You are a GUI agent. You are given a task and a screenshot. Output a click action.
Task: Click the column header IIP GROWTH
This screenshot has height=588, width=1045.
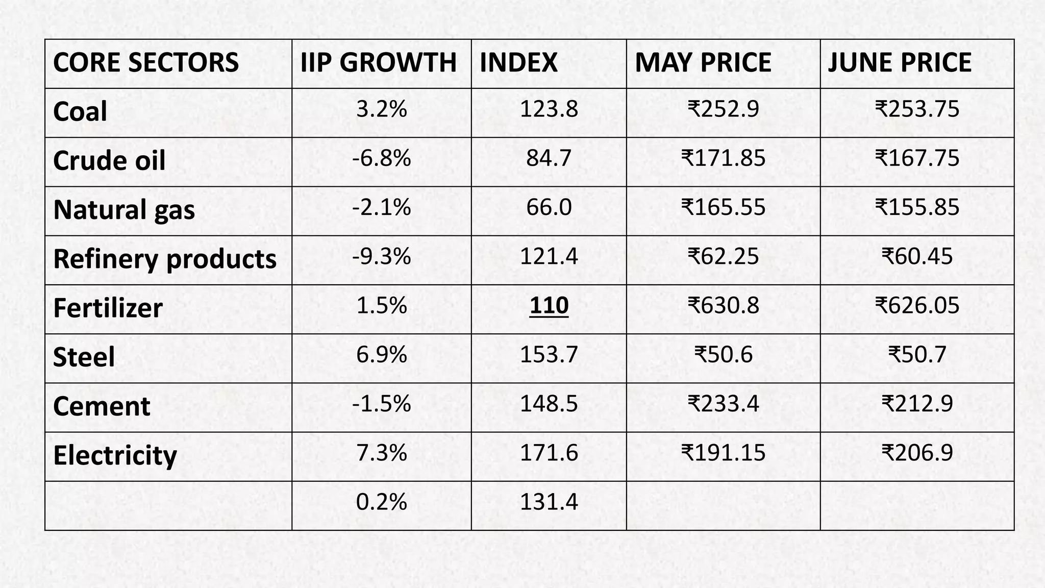[378, 63]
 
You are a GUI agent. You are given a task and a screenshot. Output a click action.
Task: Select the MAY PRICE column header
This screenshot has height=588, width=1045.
[703, 63]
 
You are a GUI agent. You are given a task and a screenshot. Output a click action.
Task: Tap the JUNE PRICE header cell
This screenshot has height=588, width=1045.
[899, 63]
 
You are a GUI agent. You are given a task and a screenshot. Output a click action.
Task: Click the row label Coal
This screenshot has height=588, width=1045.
[80, 112]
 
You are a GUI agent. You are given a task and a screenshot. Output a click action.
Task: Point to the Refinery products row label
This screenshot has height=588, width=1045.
[164, 259]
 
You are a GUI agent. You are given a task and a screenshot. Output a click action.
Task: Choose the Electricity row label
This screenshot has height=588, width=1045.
[115, 455]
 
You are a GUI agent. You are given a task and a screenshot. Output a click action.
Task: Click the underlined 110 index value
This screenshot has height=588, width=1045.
[549, 306]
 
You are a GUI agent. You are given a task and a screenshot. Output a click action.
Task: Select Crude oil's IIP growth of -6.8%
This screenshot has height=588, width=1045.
[381, 158]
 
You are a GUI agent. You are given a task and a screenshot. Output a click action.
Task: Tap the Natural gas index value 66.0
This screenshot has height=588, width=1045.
[549, 207]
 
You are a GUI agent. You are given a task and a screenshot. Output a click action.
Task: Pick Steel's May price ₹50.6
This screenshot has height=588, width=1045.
[723, 355]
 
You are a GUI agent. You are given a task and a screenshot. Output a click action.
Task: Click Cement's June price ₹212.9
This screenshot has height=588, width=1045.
[917, 404]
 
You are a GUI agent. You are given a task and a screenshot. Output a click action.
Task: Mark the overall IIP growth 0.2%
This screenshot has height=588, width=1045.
[381, 502]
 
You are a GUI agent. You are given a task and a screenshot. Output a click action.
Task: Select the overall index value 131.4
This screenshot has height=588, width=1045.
[549, 502]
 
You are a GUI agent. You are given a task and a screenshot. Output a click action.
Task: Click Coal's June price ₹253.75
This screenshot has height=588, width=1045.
[917, 109]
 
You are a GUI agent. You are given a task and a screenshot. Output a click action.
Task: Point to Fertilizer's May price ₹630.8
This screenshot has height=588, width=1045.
[723, 306]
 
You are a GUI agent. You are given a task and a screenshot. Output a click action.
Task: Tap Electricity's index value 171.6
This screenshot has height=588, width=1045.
[549, 453]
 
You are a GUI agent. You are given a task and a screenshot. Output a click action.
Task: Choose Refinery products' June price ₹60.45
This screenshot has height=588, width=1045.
[917, 256]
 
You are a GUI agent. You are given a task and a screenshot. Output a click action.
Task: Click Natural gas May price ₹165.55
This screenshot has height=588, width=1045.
[723, 207]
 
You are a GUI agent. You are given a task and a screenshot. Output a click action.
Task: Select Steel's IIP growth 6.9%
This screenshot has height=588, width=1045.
[381, 355]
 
